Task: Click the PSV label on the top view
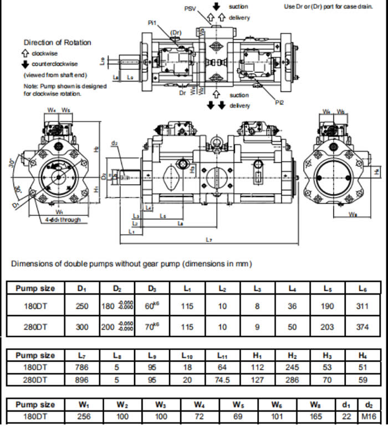(x=190, y=9)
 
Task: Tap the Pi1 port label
(x=152, y=23)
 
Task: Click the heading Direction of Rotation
(x=57, y=43)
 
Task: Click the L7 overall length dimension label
(x=209, y=240)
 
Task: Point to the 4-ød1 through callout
(x=63, y=220)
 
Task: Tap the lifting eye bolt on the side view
(x=217, y=143)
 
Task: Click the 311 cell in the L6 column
(x=362, y=306)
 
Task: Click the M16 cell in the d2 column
(x=366, y=416)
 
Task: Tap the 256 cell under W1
(x=82, y=416)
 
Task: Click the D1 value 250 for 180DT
(x=82, y=306)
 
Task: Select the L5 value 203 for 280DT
(x=327, y=327)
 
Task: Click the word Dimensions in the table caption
(x=32, y=264)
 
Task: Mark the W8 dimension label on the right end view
(x=353, y=214)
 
